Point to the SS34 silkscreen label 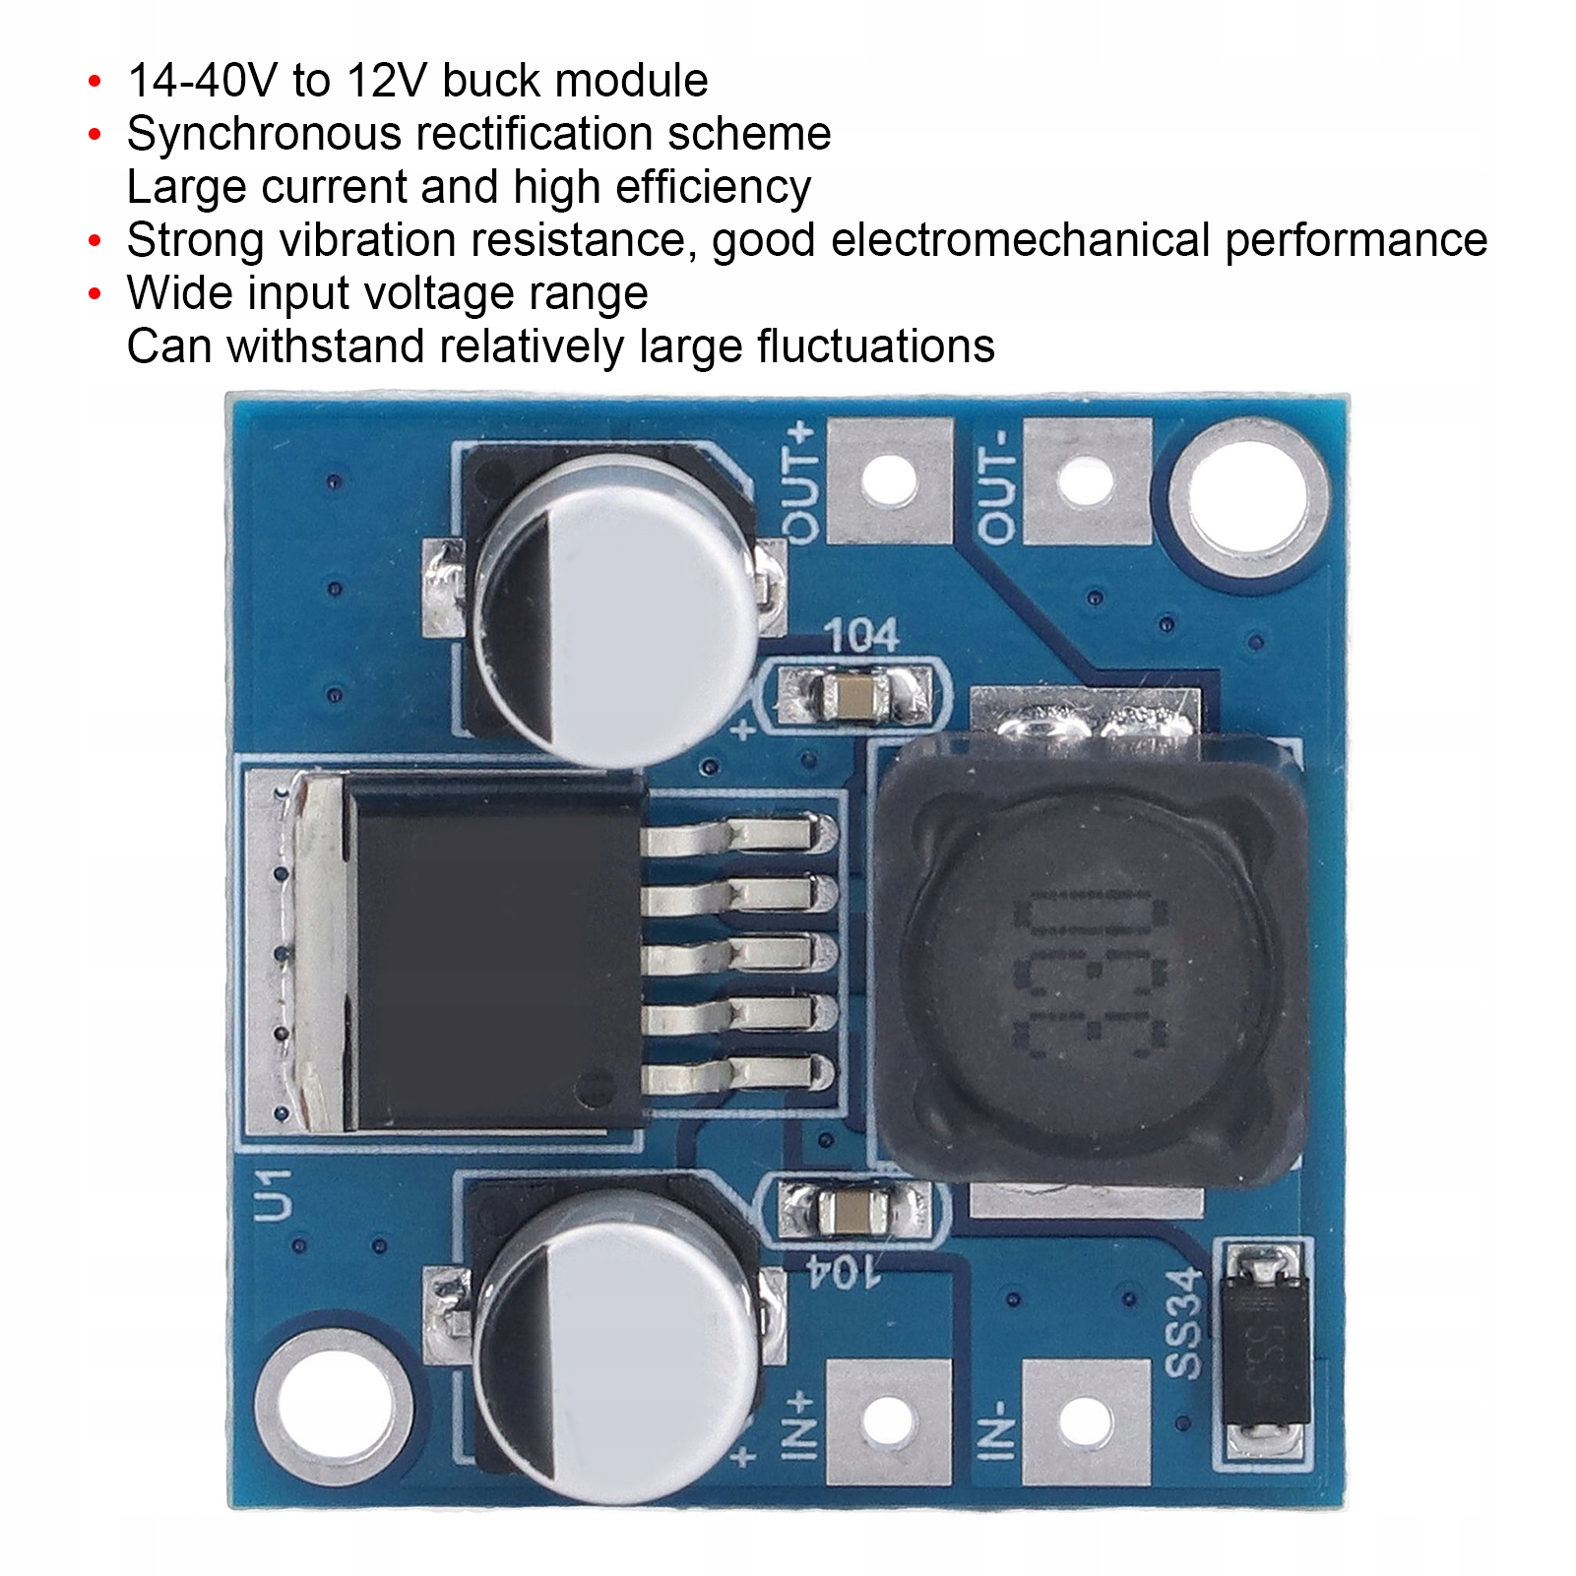click(1185, 1323)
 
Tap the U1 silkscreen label click(274, 1195)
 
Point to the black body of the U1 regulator click(492, 950)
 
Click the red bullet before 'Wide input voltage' click(95, 293)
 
